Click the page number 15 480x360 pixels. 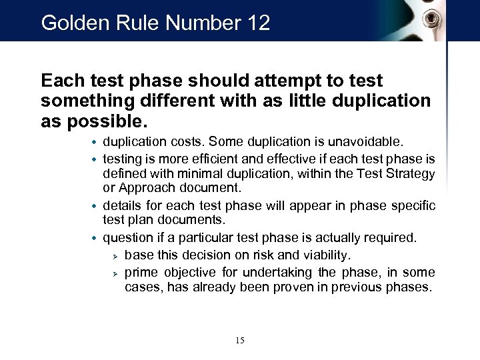(x=240, y=341)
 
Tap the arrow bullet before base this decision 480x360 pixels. (x=115, y=257)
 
